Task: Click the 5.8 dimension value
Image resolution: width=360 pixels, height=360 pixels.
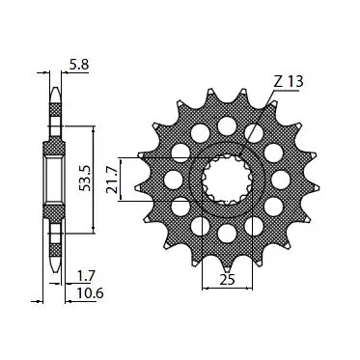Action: tap(79, 65)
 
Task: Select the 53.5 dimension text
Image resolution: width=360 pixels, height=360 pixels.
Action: tap(85, 179)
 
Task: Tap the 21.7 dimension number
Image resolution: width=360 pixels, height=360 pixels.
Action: tap(112, 180)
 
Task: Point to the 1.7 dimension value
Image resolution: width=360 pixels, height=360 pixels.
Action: tap(86, 276)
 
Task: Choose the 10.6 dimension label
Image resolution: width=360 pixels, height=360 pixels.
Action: tap(90, 293)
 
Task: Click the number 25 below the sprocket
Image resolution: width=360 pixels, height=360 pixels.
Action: tap(228, 280)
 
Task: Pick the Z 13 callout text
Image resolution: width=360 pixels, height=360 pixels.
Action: tap(289, 82)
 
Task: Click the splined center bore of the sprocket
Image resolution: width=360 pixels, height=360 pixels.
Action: tap(227, 180)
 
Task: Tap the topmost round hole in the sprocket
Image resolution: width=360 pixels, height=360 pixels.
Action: tap(227, 125)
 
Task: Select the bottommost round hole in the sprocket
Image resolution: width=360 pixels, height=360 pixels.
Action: tap(227, 233)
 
